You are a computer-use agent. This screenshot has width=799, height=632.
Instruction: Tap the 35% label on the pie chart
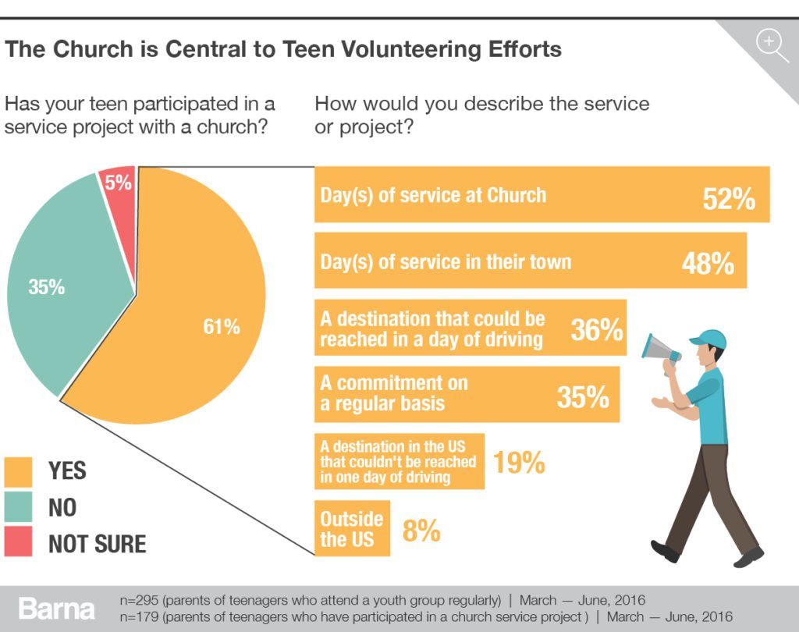point(46,287)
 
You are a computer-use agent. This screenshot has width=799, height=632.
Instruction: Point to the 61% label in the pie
point(222,327)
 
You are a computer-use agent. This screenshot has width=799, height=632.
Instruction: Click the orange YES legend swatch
point(18,471)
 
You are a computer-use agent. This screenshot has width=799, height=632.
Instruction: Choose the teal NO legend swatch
point(18,507)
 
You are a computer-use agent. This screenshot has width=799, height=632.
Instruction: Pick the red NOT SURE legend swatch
point(18,542)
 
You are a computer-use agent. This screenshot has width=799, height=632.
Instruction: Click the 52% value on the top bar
point(729,199)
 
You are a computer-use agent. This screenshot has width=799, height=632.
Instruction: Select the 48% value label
point(708,264)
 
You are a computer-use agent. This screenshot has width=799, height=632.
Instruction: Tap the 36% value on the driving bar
point(597,330)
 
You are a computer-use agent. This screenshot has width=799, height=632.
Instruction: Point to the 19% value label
point(518,463)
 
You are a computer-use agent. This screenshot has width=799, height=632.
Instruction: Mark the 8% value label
point(421,531)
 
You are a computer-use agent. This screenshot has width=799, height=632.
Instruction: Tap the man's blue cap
point(708,338)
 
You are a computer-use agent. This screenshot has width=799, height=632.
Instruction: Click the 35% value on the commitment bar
point(583,397)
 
